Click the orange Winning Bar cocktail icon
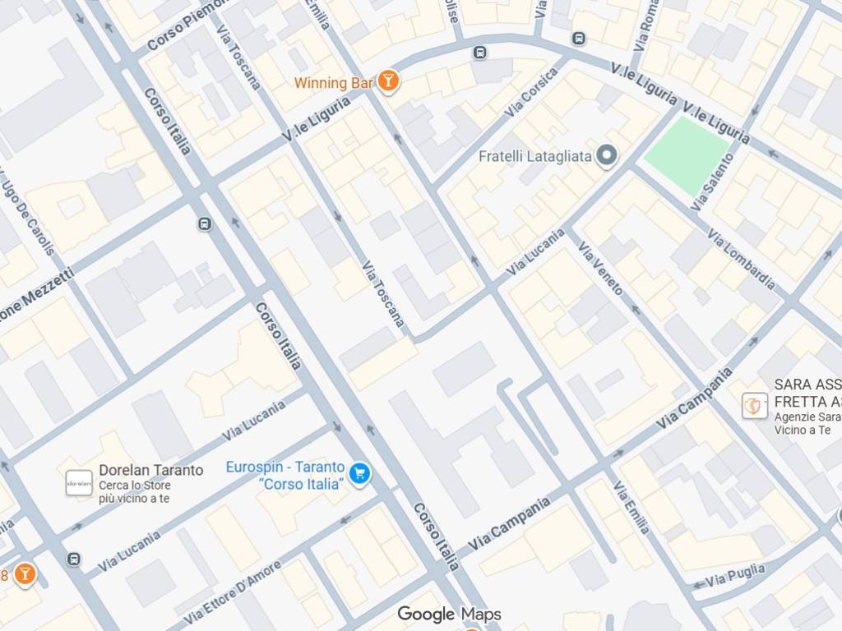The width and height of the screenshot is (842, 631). (388, 81)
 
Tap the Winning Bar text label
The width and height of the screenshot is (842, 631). (334, 83)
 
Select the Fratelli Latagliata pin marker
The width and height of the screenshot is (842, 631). (607, 155)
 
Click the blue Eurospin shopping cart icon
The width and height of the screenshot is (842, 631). (359, 473)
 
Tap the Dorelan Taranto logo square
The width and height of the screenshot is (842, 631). (79, 483)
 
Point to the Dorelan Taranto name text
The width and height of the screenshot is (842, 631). (150, 470)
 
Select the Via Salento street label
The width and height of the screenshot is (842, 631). (712, 182)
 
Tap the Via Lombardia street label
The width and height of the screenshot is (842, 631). (741, 260)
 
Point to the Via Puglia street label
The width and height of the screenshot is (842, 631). (734, 574)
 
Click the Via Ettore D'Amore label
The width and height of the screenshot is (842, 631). (233, 591)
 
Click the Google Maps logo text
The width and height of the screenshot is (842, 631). (449, 614)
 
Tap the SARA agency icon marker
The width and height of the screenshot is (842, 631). (755, 405)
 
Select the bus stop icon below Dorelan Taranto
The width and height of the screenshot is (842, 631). (74, 560)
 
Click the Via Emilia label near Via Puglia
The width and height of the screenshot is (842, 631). (631, 507)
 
